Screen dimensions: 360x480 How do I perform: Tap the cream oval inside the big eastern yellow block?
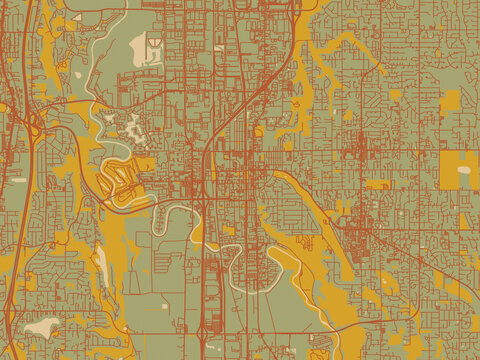coord(464,170)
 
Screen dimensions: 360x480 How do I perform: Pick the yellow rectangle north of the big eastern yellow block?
coord(451,99)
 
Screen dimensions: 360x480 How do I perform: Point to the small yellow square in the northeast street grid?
coord(395,94)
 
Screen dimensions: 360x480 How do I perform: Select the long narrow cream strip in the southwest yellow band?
coord(101,262)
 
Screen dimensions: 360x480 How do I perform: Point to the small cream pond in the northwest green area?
coord(80,74)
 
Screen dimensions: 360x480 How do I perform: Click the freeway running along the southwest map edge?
coord(12,300)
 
